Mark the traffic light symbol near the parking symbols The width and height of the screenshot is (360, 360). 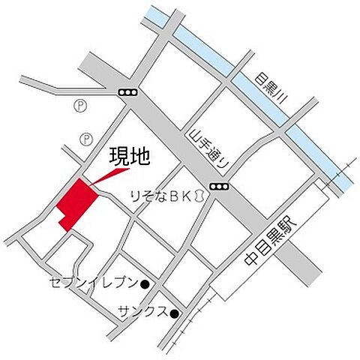click(127, 92)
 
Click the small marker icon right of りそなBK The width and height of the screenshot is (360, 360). click(199, 196)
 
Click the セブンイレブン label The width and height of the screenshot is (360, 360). click(93, 283)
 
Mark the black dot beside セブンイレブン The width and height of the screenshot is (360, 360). click(145, 284)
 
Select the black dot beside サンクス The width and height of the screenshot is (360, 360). click(174, 313)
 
